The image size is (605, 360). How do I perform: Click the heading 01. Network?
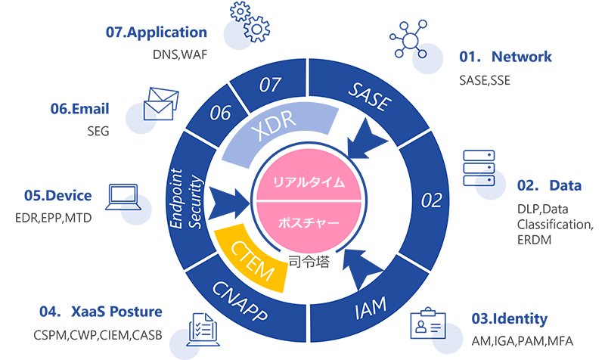tap(506, 57)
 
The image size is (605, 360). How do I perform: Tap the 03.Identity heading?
tap(510, 318)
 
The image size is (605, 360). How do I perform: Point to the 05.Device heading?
tap(57, 196)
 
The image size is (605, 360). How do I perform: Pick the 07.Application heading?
tap(157, 33)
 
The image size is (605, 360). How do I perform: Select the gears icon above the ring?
tap(250, 20)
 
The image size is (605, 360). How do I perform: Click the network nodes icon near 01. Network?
tap(410, 36)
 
